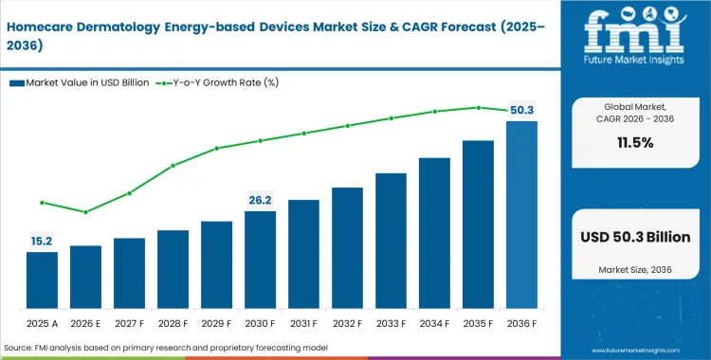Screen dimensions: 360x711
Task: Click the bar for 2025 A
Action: coord(42,279)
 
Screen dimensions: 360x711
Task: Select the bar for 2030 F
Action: coord(260,260)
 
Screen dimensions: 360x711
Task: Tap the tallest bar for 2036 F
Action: coord(521,214)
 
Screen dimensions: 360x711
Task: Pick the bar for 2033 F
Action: coord(391,241)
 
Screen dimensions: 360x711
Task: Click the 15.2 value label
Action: coord(42,241)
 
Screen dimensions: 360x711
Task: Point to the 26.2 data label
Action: coord(260,200)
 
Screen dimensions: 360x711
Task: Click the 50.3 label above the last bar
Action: coord(522,109)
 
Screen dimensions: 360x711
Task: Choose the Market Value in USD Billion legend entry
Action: coord(80,83)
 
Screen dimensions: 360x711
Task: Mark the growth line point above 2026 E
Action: coord(85,212)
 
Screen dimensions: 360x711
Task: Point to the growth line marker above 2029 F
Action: coord(216,148)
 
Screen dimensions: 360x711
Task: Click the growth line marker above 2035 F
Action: coord(478,107)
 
